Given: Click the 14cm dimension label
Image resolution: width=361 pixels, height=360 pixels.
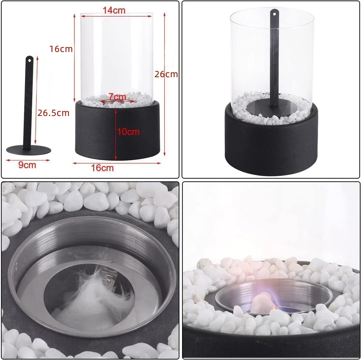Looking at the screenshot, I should coord(114,10).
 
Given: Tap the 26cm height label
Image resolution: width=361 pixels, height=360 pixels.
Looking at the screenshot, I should coord(166,74).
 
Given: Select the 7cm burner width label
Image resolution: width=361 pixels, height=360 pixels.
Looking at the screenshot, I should coord(117,97).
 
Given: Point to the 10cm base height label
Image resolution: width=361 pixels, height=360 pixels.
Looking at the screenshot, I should coord(128,131).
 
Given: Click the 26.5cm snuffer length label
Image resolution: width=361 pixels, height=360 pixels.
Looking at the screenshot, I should coord(53,113).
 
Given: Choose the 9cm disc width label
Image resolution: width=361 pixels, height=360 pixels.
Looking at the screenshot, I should coord(27,165).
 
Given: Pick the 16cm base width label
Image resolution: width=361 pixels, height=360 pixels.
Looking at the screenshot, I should coord(103,168).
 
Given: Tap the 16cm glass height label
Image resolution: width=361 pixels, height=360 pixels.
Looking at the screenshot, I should coord(61,49).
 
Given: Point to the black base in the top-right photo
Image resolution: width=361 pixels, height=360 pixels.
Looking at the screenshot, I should coord(271,144).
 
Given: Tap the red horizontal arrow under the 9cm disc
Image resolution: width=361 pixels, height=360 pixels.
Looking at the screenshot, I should coord(28,160).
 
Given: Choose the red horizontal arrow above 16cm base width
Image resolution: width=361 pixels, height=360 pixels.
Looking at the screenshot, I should coord(117,163).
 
